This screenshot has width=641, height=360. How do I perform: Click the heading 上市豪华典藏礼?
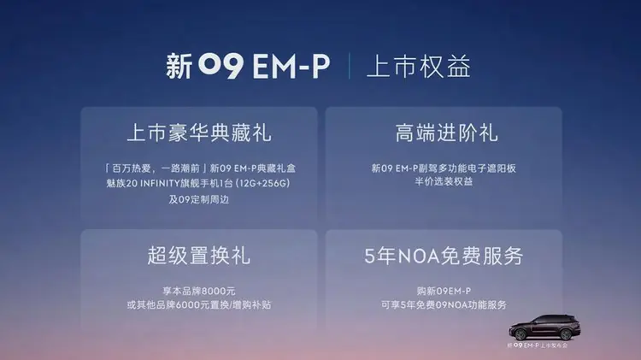click(199, 133)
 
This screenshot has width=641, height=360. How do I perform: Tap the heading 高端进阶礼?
click(447, 133)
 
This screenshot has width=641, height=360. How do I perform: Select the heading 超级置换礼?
click(198, 255)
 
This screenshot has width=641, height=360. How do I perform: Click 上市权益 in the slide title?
click(419, 68)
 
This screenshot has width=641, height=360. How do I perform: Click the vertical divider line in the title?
click(349, 68)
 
